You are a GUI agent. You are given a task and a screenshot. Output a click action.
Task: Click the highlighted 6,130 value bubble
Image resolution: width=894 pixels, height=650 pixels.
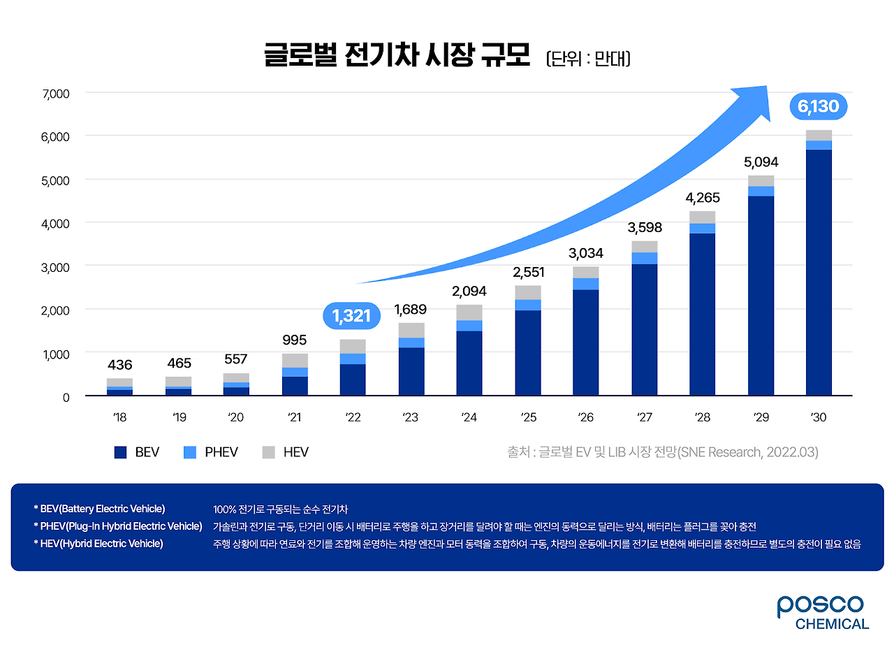[819, 107]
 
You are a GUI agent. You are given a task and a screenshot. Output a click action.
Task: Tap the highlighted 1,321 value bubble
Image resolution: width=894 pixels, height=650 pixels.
[351, 316]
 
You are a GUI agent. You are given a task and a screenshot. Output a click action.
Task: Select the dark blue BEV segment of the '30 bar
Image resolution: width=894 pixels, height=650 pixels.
[819, 273]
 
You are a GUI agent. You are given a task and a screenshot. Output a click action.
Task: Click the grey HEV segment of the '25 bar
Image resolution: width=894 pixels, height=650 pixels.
[528, 292]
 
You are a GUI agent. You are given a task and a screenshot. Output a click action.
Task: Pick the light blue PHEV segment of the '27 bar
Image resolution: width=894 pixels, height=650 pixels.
[645, 258]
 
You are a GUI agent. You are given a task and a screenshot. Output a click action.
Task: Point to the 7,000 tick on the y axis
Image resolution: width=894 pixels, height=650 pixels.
[57, 93]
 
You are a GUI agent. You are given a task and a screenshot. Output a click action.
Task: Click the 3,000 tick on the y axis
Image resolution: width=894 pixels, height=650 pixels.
[57, 266]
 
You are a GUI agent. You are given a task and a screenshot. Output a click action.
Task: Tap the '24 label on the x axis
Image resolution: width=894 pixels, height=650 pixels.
[469, 417]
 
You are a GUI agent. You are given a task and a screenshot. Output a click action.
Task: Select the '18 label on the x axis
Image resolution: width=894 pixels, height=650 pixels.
[119, 417]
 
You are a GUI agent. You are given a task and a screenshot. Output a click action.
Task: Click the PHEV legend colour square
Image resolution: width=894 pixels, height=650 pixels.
[190, 452]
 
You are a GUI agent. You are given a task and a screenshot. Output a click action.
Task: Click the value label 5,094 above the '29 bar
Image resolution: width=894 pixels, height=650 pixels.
[761, 162]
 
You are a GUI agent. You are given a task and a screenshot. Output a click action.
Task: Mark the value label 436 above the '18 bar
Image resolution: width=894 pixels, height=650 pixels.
[119, 364]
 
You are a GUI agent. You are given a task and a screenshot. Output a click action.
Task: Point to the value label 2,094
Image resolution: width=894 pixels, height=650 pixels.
[469, 291]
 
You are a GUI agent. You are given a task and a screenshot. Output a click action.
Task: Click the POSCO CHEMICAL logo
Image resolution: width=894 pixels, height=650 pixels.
[822, 612]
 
